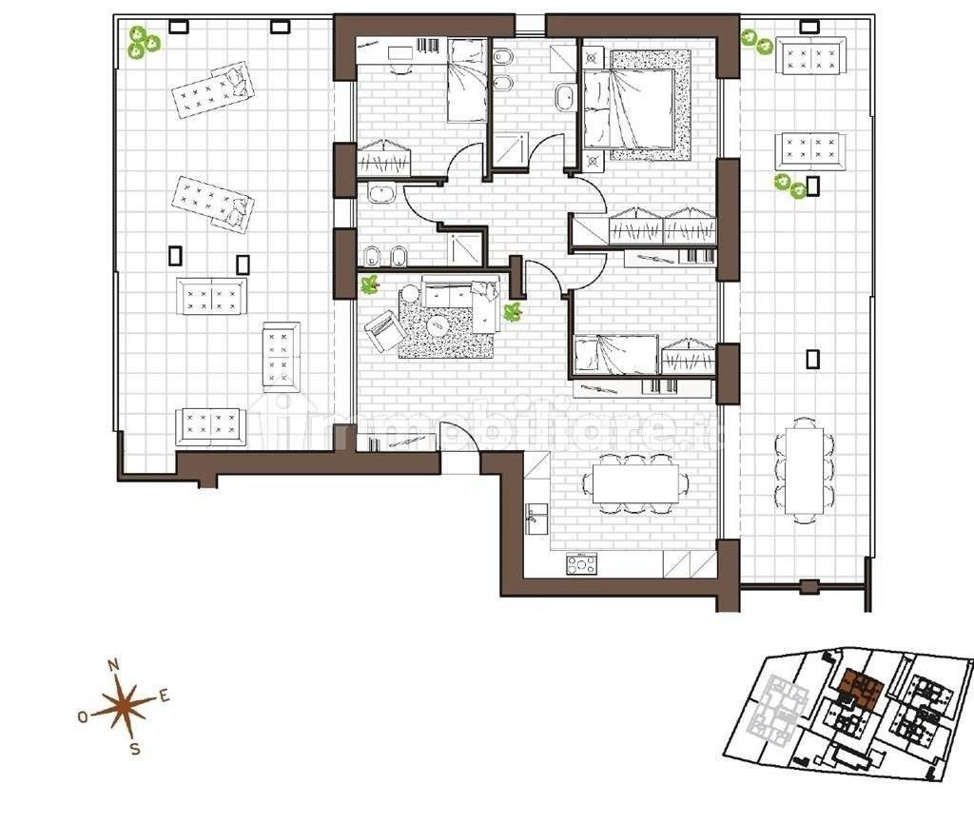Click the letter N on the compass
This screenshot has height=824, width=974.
[114, 665]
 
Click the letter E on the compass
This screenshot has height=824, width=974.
[165, 696]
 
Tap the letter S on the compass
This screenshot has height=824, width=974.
[135, 749]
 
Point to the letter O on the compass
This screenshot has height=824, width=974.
[83, 717]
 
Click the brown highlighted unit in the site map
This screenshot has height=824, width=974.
[860, 689]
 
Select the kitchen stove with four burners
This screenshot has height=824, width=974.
[582, 564]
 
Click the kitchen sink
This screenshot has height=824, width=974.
[536, 519]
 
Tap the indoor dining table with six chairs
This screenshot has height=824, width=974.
[635, 483]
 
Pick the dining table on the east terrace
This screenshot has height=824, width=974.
[805, 470]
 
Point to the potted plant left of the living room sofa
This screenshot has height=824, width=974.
[370, 284]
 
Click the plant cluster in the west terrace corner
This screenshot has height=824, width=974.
[144, 42]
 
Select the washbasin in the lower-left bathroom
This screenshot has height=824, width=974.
[381, 194]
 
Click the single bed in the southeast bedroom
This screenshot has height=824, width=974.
[615, 355]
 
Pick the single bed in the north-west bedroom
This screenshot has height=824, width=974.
[468, 80]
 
